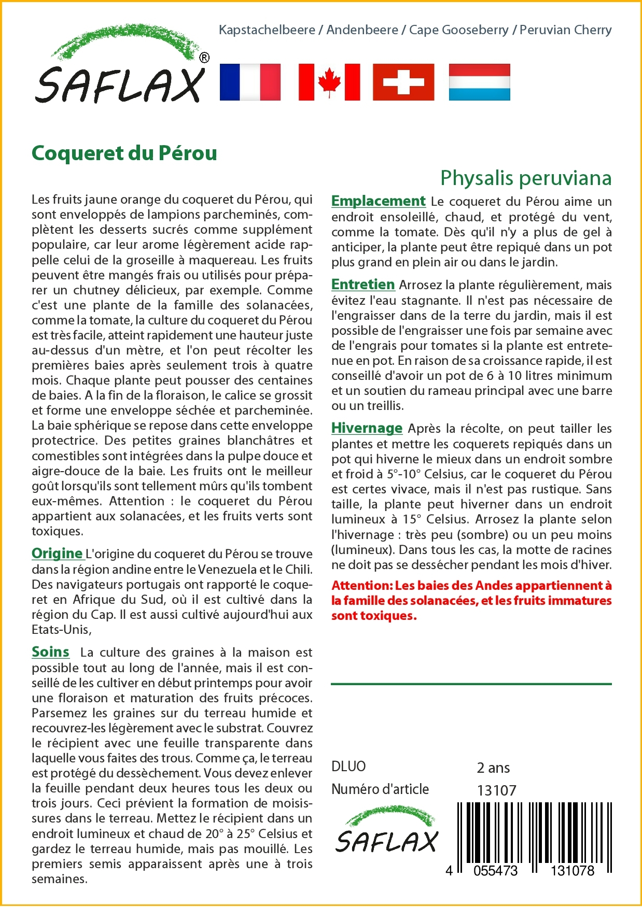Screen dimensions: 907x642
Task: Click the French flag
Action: click(x=250, y=82)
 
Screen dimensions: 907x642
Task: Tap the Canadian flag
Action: click(x=329, y=82)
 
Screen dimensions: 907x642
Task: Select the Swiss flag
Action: click(x=403, y=82)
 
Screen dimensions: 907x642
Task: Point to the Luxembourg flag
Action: click(x=479, y=82)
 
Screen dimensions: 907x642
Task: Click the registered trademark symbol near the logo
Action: click(x=204, y=58)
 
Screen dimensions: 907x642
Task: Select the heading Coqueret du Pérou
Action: click(x=124, y=153)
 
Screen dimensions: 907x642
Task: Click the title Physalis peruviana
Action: click(x=526, y=178)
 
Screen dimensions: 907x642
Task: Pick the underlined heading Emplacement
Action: click(x=379, y=201)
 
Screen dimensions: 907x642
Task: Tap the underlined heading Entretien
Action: click(x=363, y=285)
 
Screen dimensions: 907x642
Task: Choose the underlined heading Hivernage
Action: click(x=367, y=428)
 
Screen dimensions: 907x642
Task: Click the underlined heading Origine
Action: click(x=57, y=554)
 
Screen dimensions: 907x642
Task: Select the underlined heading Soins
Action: click(x=50, y=652)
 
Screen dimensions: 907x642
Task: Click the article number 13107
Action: click(x=497, y=790)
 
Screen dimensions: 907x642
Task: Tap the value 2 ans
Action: click(x=493, y=768)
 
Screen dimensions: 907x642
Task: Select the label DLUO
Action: click(x=348, y=767)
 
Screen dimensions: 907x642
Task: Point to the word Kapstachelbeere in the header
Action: click(x=267, y=30)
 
